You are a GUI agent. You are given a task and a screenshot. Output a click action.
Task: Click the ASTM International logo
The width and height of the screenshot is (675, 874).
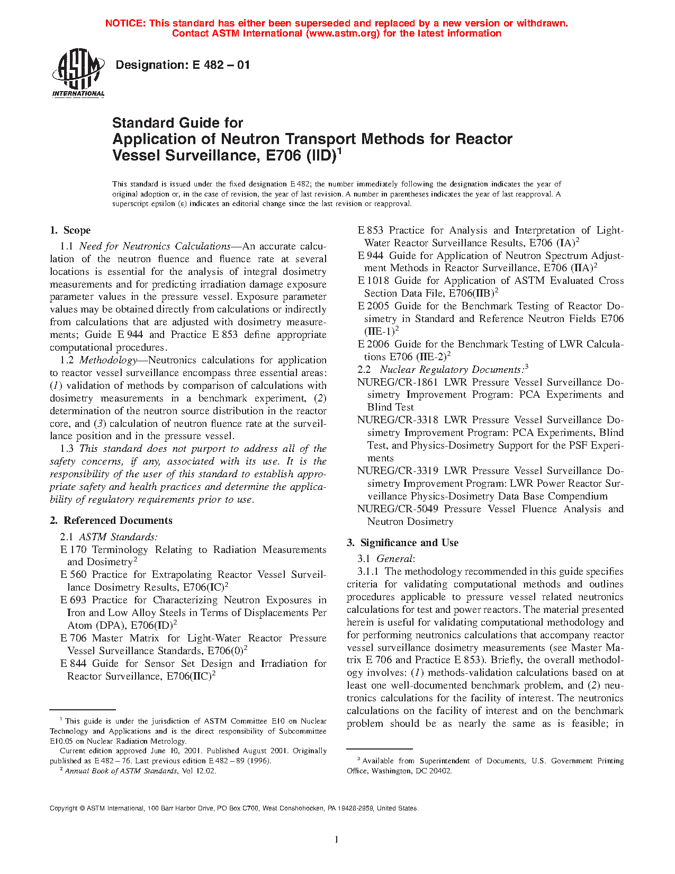78,74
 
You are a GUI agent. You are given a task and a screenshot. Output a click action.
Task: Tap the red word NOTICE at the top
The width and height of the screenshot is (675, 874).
125,23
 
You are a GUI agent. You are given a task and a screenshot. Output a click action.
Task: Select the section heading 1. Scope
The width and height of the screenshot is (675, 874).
70,230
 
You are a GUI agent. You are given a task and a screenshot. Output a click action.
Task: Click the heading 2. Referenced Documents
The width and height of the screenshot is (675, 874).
111,521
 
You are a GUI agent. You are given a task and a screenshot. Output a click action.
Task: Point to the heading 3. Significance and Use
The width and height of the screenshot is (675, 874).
403,543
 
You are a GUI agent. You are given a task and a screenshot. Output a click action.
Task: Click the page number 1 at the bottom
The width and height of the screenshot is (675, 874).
337,839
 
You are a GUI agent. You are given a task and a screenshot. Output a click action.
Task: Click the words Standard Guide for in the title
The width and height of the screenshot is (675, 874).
177,123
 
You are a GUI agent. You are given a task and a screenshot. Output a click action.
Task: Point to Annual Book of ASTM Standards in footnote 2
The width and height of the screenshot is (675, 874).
121,771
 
